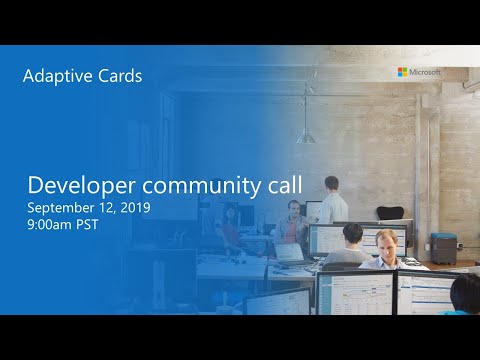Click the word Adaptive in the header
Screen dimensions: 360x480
[x=55, y=76]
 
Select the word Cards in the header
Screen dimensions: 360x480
[x=117, y=76]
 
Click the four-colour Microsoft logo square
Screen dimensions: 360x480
[x=402, y=72]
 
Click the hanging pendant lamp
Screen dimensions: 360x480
[x=306, y=134]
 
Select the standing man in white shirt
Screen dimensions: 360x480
[x=329, y=200]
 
